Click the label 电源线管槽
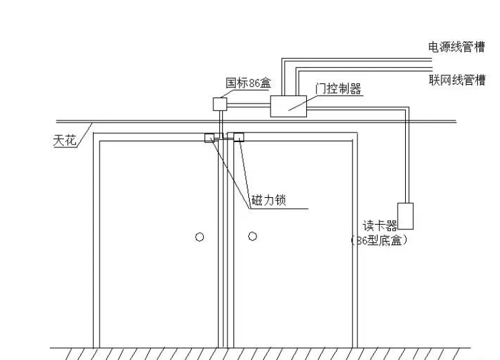tap(457, 46)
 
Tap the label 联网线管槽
tap(457, 80)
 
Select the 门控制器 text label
tap(338, 89)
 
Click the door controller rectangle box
tap(289, 106)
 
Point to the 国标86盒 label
tap(248, 83)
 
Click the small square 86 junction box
tap(220, 104)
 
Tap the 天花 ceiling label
tap(65, 141)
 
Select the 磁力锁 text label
tap(268, 201)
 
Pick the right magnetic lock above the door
tap(236, 138)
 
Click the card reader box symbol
tap(405, 215)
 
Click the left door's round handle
tap(199, 237)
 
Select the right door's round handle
tap(252, 236)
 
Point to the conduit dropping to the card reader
tap(406, 155)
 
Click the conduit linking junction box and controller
tap(248, 104)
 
